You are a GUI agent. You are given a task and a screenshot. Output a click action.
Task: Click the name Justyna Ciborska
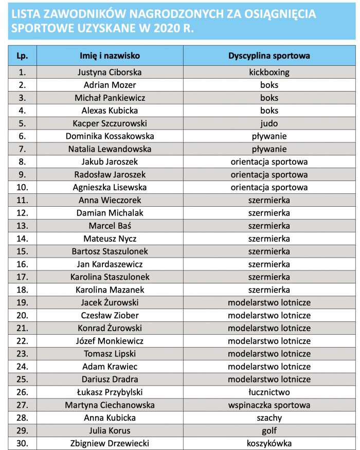110,72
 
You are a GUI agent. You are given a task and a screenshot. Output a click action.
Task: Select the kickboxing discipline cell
269,72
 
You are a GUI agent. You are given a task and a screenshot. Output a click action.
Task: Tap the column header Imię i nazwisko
110,56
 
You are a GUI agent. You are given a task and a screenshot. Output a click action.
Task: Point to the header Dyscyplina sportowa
269,56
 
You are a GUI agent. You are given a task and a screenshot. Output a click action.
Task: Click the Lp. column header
22,56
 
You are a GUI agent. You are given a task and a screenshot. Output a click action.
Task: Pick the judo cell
269,123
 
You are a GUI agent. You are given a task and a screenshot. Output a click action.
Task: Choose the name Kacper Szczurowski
110,123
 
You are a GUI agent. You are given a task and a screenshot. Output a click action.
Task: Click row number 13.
22,226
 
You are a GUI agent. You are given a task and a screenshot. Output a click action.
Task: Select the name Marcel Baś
110,226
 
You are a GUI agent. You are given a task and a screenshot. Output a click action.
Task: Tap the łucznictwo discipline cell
269,392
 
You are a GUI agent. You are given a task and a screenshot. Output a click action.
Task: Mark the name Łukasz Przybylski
110,392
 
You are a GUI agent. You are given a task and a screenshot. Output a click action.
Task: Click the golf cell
269,430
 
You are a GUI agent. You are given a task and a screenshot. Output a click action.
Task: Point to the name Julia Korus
110,430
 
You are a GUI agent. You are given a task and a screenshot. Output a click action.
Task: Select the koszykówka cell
269,443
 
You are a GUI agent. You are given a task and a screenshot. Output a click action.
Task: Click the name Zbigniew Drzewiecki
110,443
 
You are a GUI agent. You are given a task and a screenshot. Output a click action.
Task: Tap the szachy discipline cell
269,418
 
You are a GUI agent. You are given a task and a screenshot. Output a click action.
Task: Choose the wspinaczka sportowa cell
269,405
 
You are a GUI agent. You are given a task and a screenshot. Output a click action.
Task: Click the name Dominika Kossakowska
110,136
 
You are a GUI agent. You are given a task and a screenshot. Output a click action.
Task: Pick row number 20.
22,315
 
